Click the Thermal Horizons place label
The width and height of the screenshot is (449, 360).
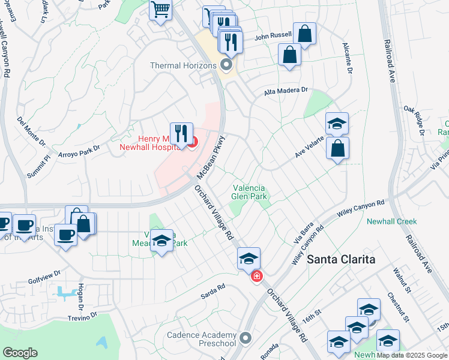pyautogui.click(x=184, y=65)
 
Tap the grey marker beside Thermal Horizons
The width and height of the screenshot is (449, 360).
pyautogui.click(x=226, y=64)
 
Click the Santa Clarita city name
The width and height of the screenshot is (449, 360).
pyautogui.click(x=341, y=259)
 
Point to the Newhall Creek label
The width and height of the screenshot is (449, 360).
pyautogui.click(x=391, y=221)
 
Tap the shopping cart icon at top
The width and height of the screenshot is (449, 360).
pyautogui.click(x=160, y=10)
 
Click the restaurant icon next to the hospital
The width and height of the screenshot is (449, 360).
pyautogui.click(x=181, y=133)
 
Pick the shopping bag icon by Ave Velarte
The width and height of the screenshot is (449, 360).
pyautogui.click(x=338, y=148)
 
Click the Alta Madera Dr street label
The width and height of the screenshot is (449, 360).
pyautogui.click(x=286, y=91)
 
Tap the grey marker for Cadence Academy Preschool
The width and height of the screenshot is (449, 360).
pyautogui.click(x=244, y=338)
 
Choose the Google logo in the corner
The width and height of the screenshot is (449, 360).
pyautogui.click(x=20, y=353)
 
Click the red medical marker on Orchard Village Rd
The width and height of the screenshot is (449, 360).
pyautogui.click(x=256, y=277)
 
